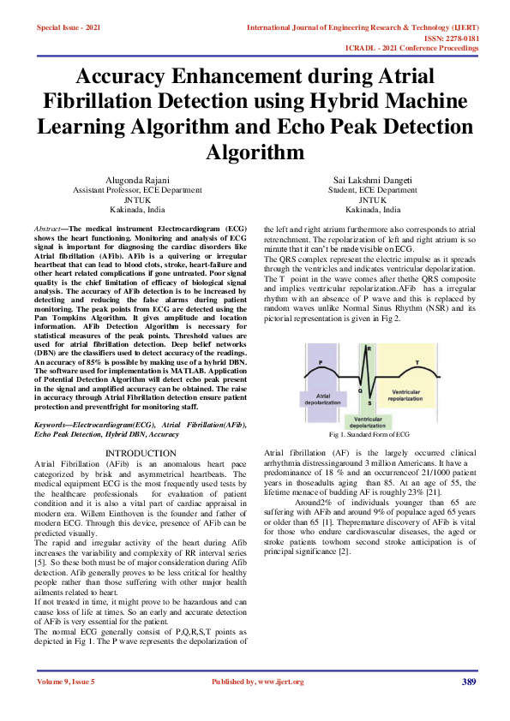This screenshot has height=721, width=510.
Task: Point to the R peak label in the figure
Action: tap(369, 349)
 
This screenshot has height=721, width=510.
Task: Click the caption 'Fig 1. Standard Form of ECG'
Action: tap(370, 436)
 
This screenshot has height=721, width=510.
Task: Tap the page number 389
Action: tap(468, 682)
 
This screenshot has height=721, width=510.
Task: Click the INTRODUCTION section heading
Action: tap(140, 453)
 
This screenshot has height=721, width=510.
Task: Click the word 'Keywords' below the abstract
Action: tap(51, 425)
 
